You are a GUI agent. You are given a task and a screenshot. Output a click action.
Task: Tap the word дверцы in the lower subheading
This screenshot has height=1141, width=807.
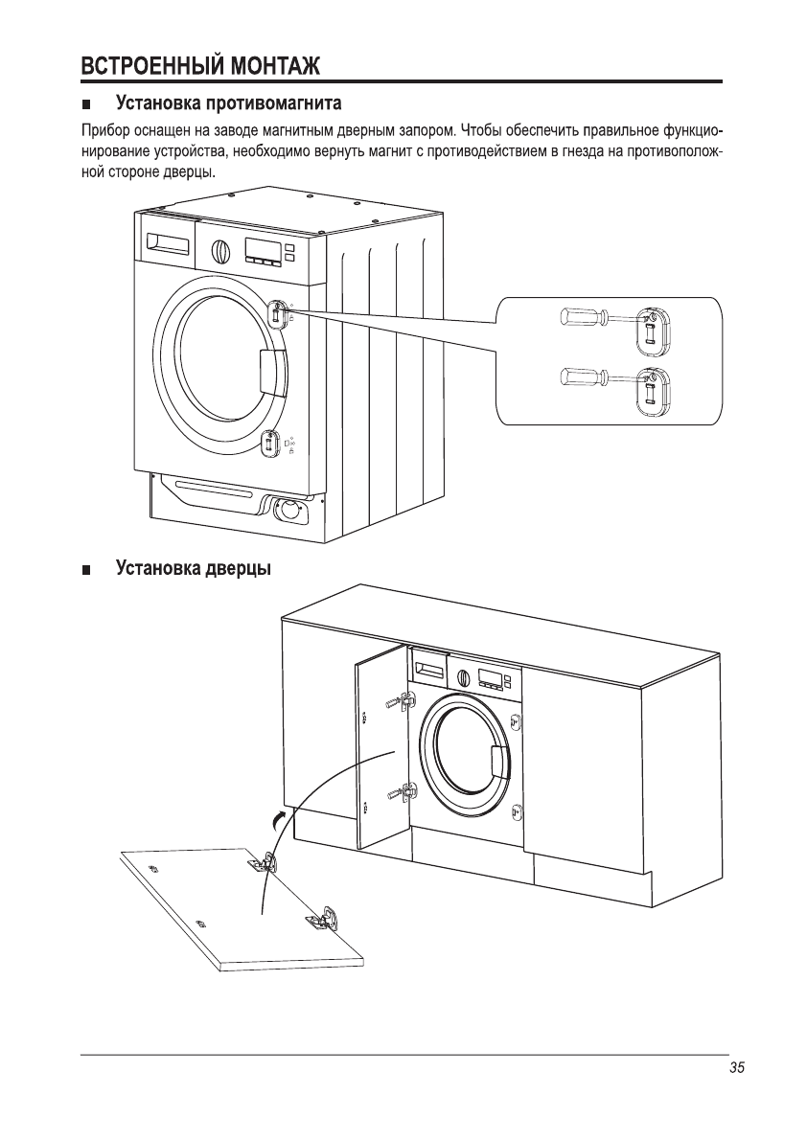[x=238, y=569]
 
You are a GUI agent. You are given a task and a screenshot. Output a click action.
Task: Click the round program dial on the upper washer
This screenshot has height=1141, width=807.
[x=220, y=251]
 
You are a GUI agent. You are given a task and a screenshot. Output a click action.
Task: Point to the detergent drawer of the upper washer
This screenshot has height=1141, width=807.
[x=167, y=245]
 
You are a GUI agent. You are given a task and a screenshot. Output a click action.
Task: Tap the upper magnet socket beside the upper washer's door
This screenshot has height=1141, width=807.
[x=277, y=313]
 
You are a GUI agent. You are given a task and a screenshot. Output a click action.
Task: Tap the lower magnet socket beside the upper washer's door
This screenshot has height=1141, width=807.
[x=270, y=442]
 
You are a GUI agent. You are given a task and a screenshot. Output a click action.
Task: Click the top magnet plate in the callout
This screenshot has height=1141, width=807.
[x=651, y=326]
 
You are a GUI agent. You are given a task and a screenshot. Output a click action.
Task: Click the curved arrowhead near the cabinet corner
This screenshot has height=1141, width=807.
[x=276, y=817]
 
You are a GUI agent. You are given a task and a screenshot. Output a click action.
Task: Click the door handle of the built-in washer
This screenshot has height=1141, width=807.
[x=499, y=761]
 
